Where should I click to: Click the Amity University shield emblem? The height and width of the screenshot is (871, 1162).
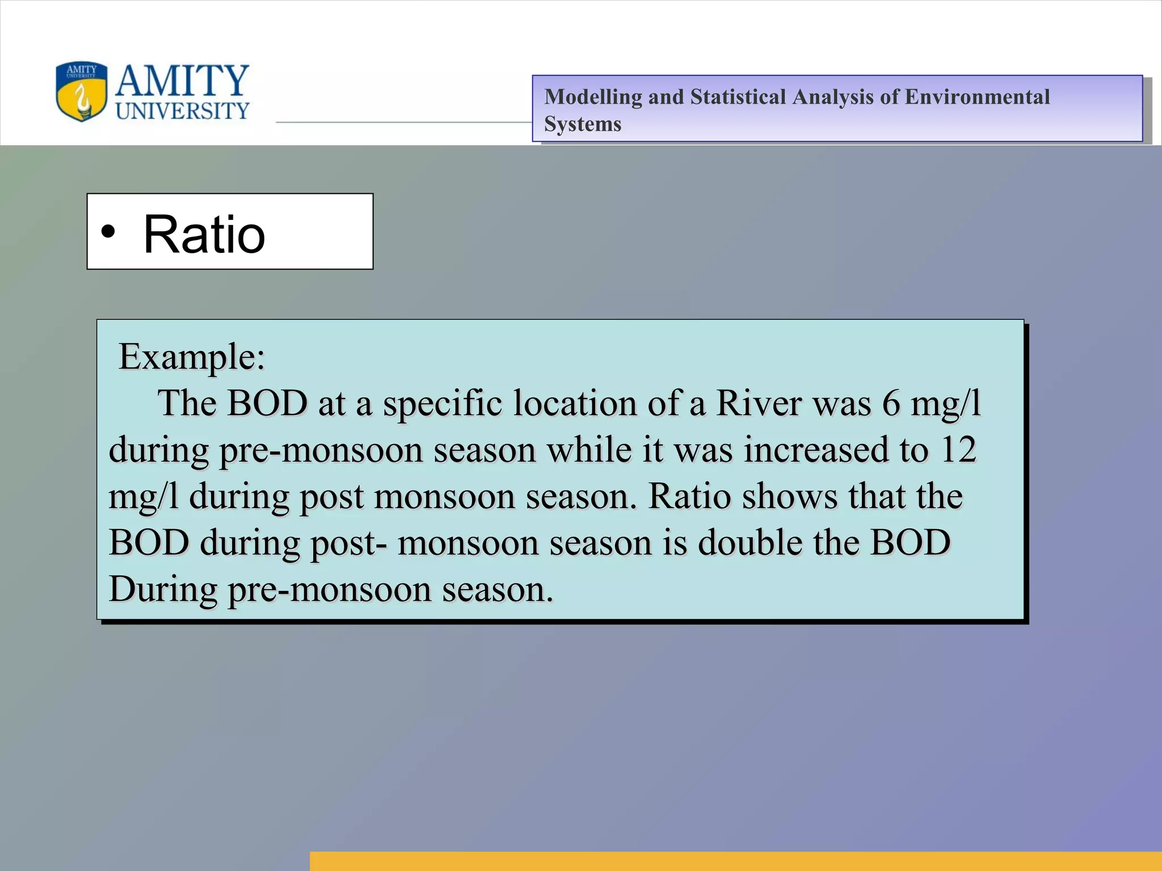click(81, 92)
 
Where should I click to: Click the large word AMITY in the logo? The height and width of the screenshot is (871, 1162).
click(182, 81)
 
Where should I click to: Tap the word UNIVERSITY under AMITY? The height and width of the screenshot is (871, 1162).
click(182, 111)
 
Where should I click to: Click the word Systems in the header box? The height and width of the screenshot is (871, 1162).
click(582, 124)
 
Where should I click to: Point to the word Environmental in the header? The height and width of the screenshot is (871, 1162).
click(977, 97)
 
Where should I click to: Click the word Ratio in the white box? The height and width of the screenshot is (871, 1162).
click(204, 234)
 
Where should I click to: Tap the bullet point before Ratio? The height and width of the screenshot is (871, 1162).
click(108, 232)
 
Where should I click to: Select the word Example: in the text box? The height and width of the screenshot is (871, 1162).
click(192, 357)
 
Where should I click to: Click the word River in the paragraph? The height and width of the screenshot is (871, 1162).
click(759, 404)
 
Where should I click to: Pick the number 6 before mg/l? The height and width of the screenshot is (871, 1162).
click(891, 404)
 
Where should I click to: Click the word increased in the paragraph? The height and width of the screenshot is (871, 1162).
click(816, 450)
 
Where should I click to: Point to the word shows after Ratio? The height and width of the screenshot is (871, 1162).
click(789, 496)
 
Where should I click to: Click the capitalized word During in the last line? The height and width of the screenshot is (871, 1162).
click(163, 589)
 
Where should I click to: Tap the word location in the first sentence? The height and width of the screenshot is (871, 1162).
click(575, 404)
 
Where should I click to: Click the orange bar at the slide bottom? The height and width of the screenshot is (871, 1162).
click(735, 861)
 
